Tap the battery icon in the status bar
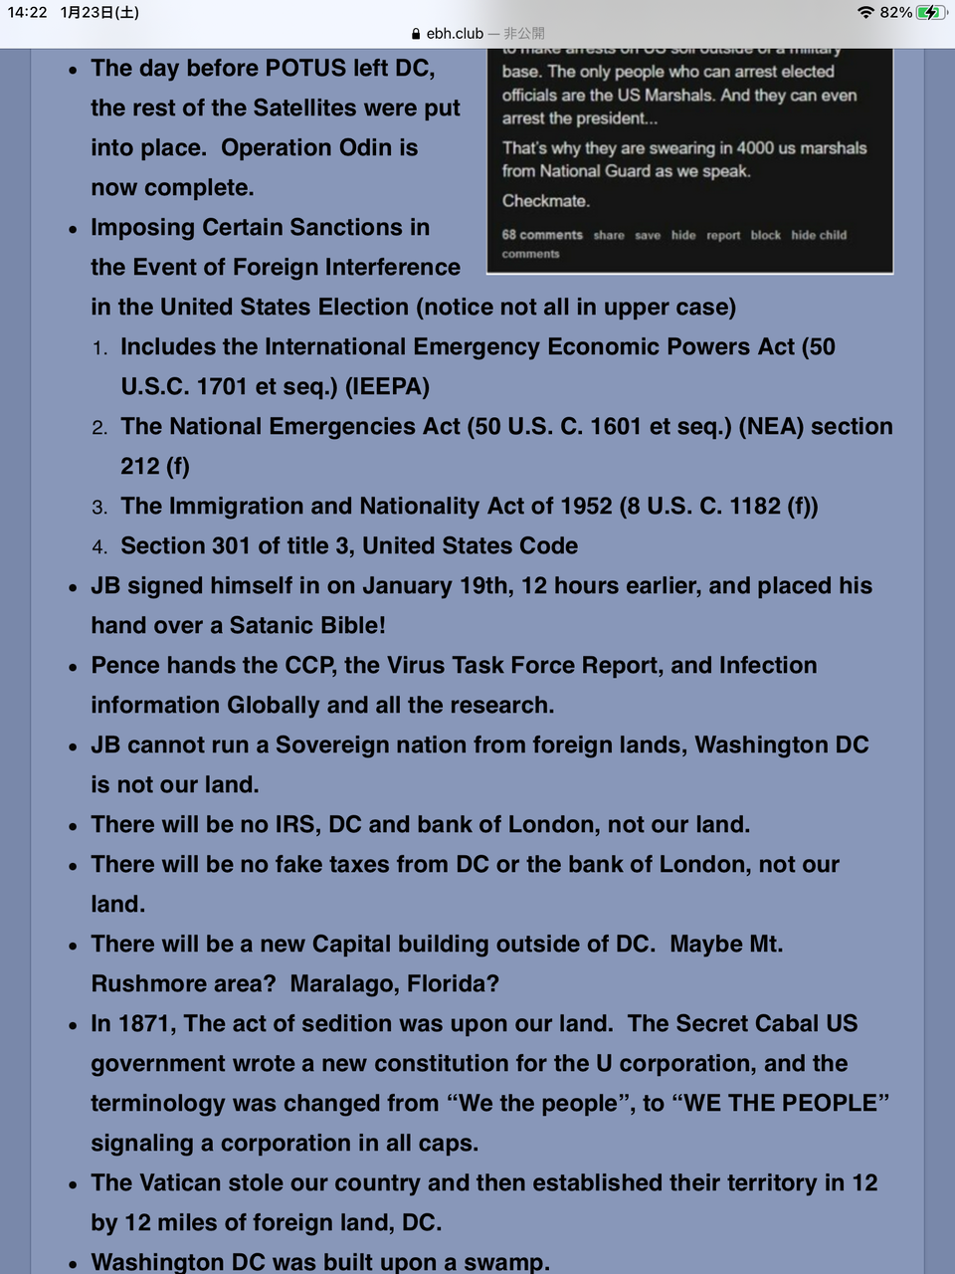pyautogui.click(x=931, y=13)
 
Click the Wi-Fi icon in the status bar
pyautogui.click(x=865, y=13)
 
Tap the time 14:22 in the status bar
pyautogui.click(x=27, y=13)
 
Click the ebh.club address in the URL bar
pyautogui.click(x=455, y=34)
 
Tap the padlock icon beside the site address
pyautogui.click(x=416, y=34)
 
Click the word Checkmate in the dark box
pyautogui.click(x=545, y=201)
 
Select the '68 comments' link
pyautogui.click(x=542, y=235)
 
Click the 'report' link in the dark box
pyautogui.click(x=723, y=236)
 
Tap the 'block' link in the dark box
pyautogui.click(x=765, y=236)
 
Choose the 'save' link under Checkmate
pyautogui.click(x=648, y=236)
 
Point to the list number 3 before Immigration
pyautogui.click(x=99, y=508)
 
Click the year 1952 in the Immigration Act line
pyautogui.click(x=585, y=507)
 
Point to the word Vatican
pyautogui.click(x=183, y=1183)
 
